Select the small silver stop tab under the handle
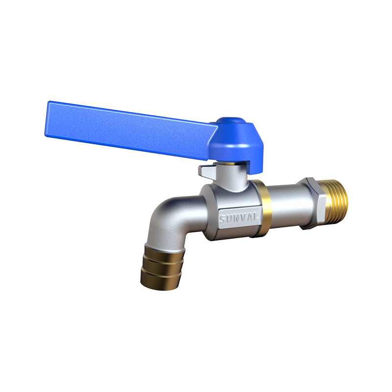point(207,171)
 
